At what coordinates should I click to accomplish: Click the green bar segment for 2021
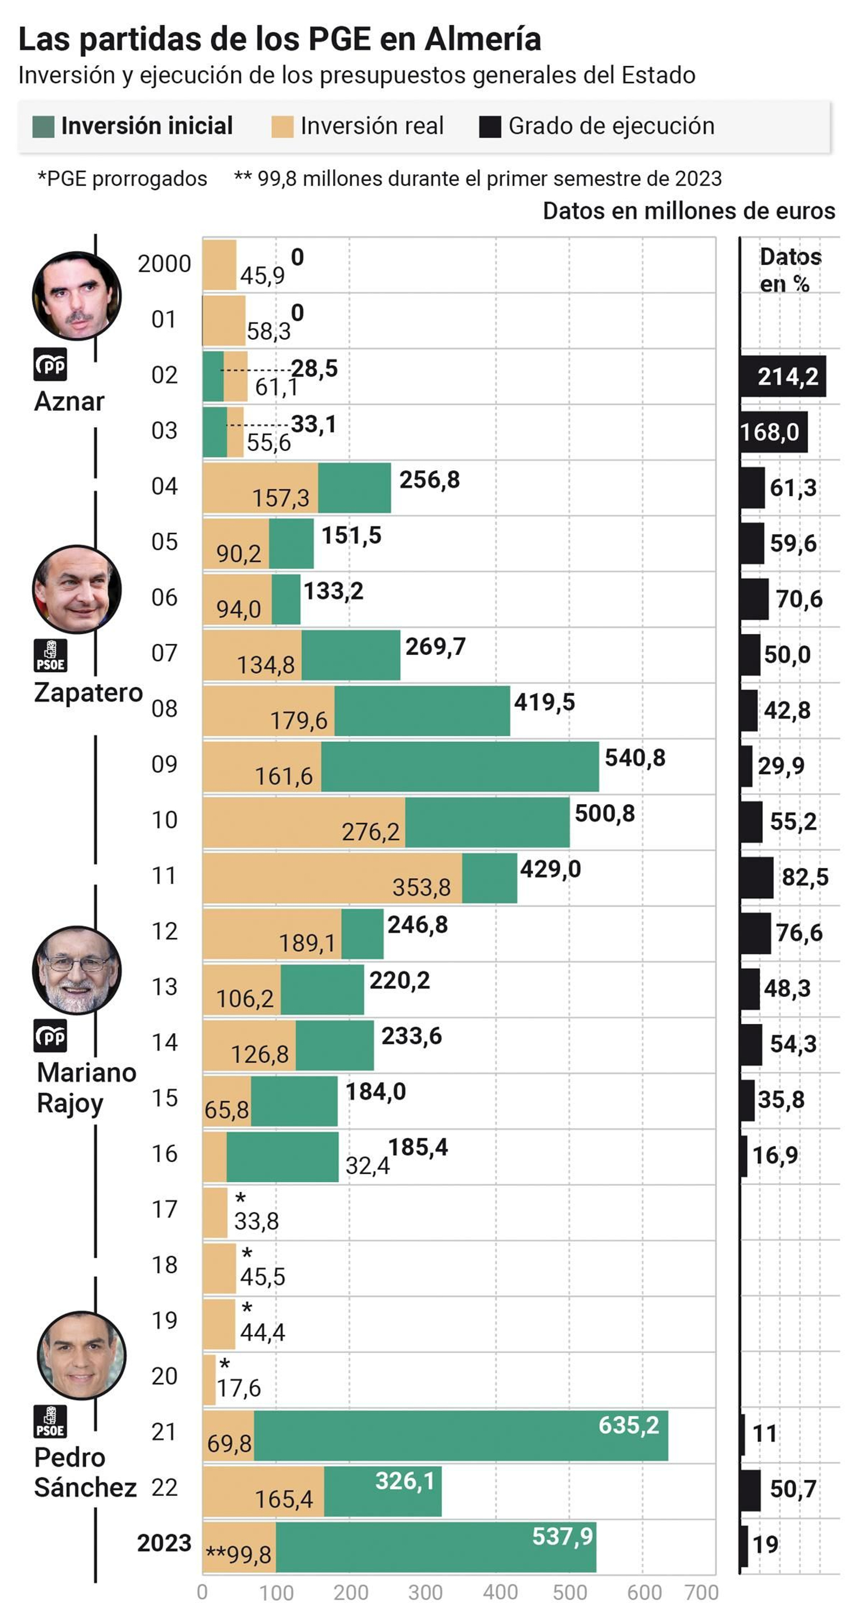pyautogui.click(x=461, y=1435)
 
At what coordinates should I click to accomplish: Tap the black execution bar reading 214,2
pyautogui.click(x=783, y=376)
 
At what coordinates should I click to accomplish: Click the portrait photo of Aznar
pyautogui.click(x=77, y=296)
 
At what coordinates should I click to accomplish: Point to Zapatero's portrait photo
pyautogui.click(x=77, y=589)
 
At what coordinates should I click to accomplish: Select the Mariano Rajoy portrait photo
pyautogui.click(x=77, y=970)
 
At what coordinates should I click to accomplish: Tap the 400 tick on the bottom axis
pyautogui.click(x=500, y=1592)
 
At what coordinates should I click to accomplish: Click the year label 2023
pyautogui.click(x=164, y=1543)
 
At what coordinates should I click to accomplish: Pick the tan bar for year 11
pyautogui.click(x=332, y=877)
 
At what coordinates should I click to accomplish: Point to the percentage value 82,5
pyautogui.click(x=804, y=877)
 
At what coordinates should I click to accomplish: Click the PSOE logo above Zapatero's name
pyautogui.click(x=50, y=655)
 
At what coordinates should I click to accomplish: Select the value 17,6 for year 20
pyautogui.click(x=239, y=1388)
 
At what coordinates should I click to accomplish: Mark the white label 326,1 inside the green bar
pyautogui.click(x=405, y=1481)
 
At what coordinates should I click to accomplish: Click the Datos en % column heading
pyautogui.click(x=790, y=270)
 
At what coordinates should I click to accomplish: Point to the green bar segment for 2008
pyautogui.click(x=422, y=710)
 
